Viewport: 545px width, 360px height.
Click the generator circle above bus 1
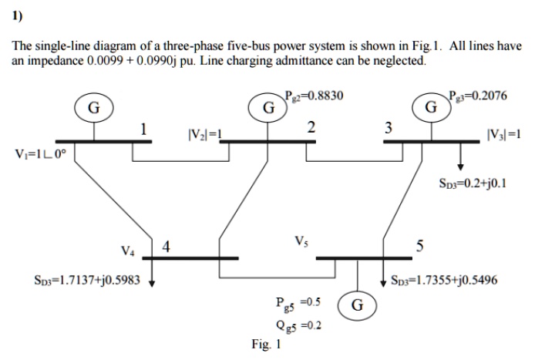coord(93,108)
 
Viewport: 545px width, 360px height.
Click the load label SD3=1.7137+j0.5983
coord(72,281)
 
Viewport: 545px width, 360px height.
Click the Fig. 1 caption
coord(266,345)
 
